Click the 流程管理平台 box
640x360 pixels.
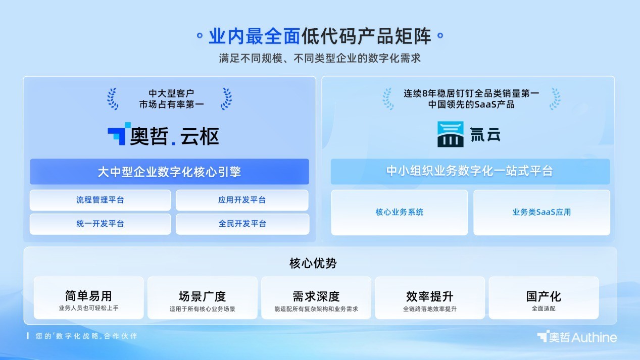[100, 200]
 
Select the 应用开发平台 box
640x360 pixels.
[242, 200]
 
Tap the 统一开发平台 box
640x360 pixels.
[100, 224]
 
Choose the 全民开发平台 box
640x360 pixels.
[242, 224]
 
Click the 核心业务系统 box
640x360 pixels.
[399, 212]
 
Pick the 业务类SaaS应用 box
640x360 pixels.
[541, 212]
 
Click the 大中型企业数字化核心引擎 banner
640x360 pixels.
[169, 172]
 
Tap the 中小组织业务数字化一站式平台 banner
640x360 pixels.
[470, 171]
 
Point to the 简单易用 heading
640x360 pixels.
[88, 296]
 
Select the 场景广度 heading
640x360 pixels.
[202, 296]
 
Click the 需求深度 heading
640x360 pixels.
[316, 296]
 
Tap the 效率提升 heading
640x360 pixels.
[429, 296]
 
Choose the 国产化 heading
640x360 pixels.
[544, 296]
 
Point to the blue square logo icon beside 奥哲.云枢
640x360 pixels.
[119, 133]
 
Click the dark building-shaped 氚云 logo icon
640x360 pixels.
[450, 134]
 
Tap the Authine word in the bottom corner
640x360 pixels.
[594, 337]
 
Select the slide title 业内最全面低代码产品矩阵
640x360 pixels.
[320, 36]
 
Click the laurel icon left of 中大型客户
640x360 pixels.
[112, 98]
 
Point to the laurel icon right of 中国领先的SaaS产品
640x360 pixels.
[555, 98]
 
